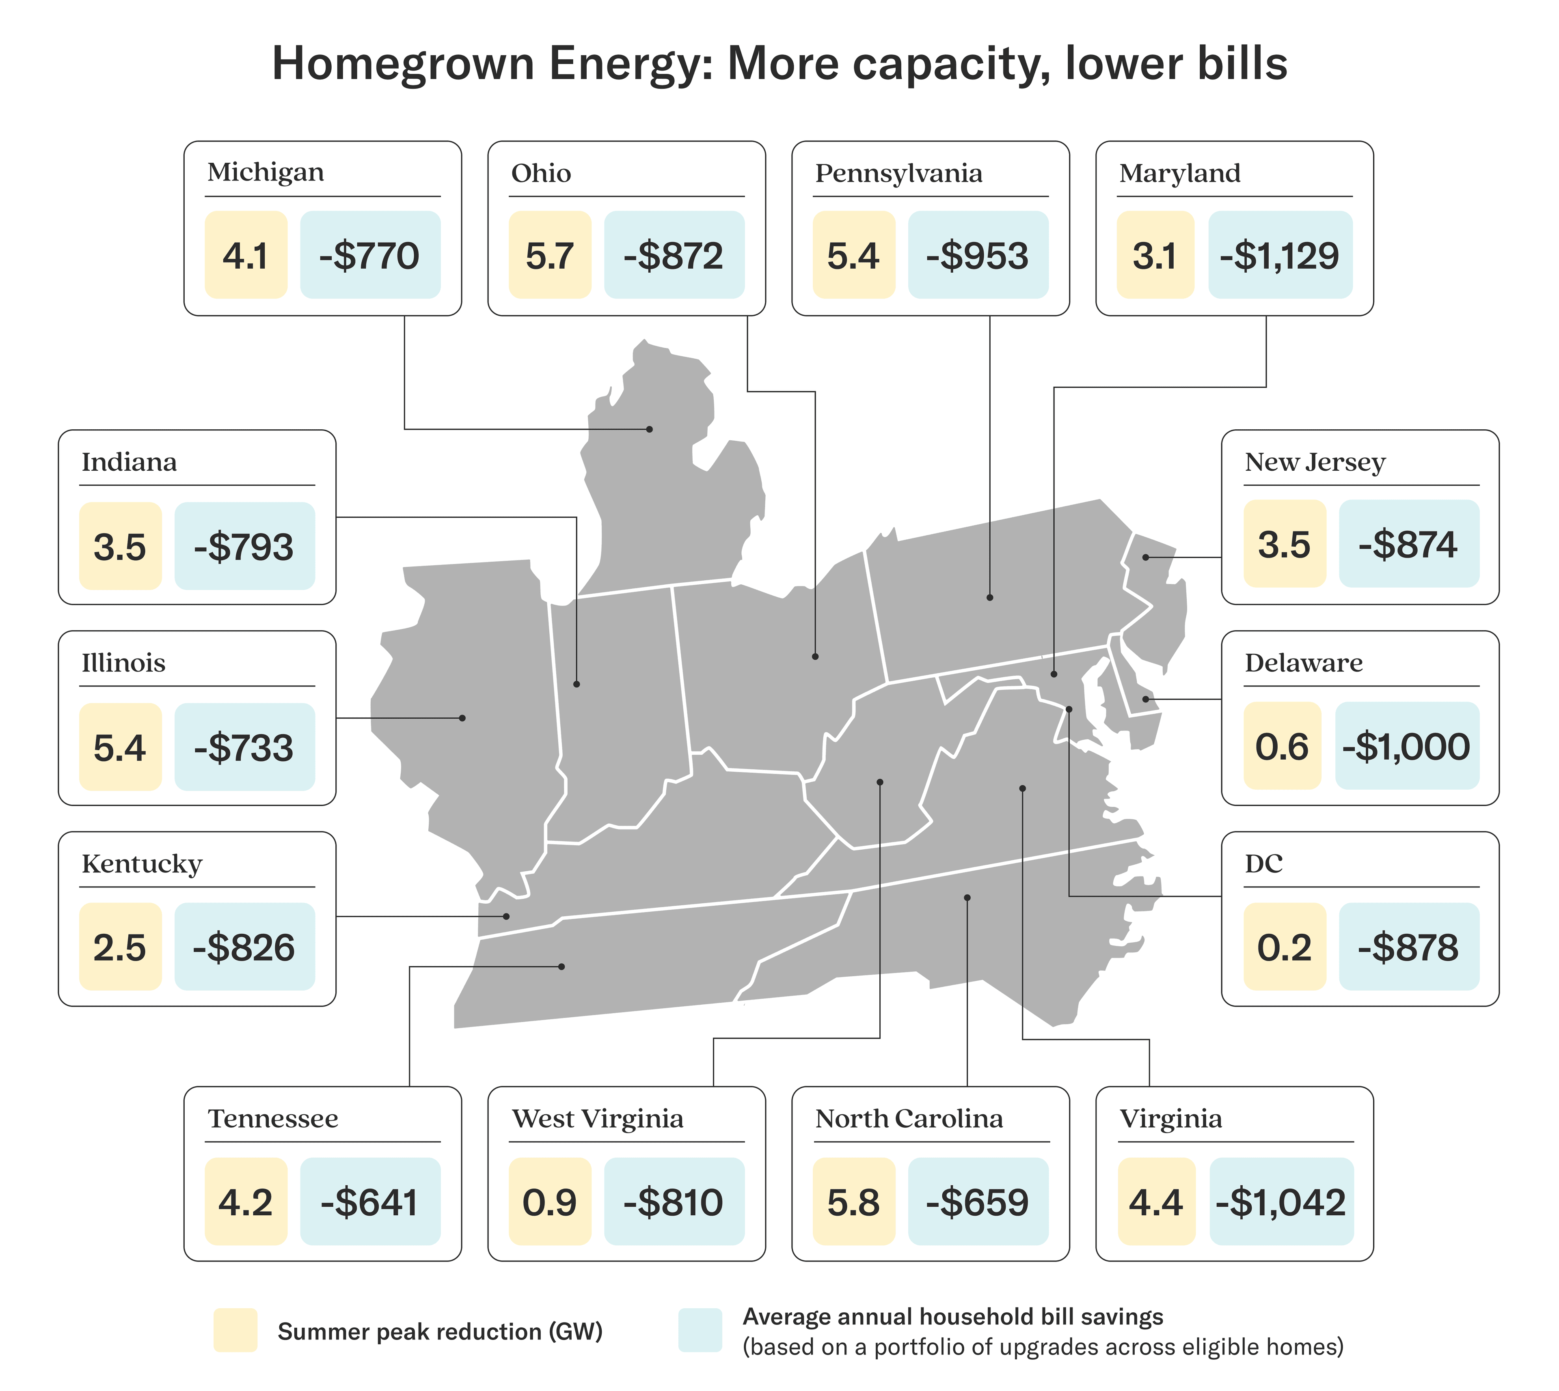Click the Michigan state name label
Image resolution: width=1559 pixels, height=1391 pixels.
265,173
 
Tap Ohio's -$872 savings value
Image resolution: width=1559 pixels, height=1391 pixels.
674,255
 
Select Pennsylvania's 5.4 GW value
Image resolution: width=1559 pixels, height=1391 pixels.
853,255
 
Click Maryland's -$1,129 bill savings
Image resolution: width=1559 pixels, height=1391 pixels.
1280,255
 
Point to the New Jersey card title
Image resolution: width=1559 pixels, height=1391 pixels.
1314,463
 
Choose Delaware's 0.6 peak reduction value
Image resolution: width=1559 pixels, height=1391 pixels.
1282,746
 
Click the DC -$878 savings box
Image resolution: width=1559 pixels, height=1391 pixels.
1408,947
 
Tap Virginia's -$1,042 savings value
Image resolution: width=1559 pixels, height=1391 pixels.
1281,1202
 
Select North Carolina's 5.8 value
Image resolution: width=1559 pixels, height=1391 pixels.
853,1202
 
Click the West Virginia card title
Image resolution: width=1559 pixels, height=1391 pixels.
598,1119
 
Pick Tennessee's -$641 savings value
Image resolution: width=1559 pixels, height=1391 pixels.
370,1202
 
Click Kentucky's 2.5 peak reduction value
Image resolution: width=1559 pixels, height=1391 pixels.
120,947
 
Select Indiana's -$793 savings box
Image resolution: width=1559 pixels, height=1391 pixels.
244,547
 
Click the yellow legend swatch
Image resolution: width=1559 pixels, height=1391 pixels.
235,1331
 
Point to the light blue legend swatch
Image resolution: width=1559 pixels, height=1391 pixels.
700,1331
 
